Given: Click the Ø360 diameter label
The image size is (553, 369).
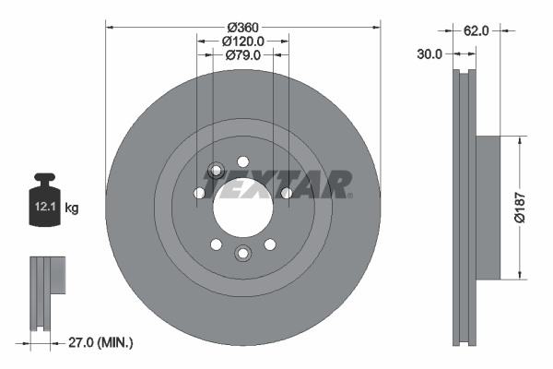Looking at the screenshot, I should [x=243, y=26].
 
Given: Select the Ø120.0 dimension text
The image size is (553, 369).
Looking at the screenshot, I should [x=243, y=41].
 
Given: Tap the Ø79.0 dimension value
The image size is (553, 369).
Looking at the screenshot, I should [x=243, y=55].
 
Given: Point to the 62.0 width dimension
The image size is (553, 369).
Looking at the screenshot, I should [x=476, y=30].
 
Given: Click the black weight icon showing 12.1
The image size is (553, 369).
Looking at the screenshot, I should [x=42, y=196].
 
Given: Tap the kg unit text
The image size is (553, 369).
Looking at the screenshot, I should [x=71, y=208].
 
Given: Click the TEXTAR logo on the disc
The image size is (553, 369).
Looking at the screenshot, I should [x=276, y=184].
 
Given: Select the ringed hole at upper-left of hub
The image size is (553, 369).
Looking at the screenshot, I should [x=216, y=171].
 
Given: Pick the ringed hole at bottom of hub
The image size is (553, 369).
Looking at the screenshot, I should [x=242, y=254].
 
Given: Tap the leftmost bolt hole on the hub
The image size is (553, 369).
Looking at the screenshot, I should [x=198, y=193].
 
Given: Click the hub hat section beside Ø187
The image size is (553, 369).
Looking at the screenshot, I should [x=488, y=207].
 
